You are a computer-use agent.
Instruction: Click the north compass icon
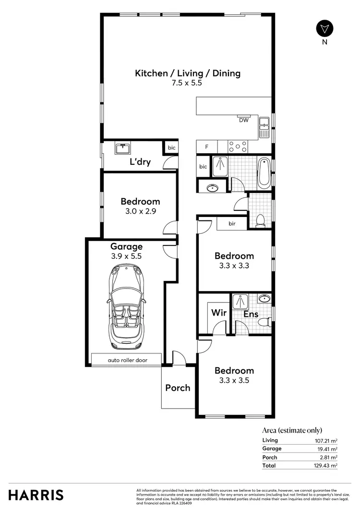click(x=325, y=28)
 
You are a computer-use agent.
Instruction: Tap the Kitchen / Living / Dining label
click(x=187, y=73)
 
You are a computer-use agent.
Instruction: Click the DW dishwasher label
click(x=244, y=121)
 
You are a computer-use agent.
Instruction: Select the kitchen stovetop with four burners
click(x=238, y=146)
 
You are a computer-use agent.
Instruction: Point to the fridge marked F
click(x=206, y=146)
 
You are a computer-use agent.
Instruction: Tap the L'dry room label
click(x=140, y=162)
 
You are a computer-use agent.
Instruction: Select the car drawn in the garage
click(x=126, y=307)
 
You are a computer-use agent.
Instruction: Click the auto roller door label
click(x=127, y=360)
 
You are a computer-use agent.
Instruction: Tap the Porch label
click(x=178, y=388)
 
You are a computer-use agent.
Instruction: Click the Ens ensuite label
click(x=250, y=314)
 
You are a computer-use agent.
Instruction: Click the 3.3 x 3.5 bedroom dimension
click(x=234, y=380)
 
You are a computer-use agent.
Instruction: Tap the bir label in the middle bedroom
click(x=232, y=224)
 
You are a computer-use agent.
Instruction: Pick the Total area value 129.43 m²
click(x=324, y=465)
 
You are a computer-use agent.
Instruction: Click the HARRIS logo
click(x=36, y=494)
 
